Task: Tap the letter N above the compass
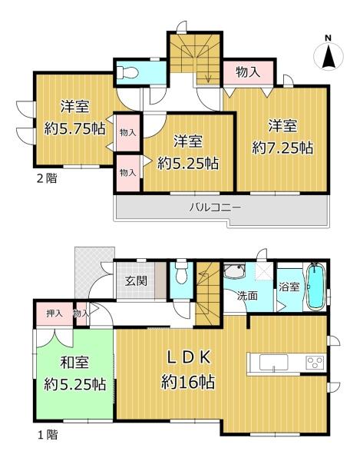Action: (328, 38)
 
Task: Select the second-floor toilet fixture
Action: (127, 72)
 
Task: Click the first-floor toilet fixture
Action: (182, 272)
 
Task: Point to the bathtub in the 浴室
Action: (316, 286)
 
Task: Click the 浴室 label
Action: (289, 287)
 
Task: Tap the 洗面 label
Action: (247, 296)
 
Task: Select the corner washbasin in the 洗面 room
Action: (235, 272)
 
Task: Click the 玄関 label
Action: (136, 281)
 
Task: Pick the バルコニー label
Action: (215, 207)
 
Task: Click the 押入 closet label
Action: (54, 313)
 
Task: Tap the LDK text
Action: (189, 357)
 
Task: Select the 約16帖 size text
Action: (187, 382)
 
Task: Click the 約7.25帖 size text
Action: (282, 148)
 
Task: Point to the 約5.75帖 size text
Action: (74, 128)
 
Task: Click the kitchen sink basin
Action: (273, 363)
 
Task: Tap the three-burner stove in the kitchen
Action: (315, 362)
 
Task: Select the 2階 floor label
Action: (47, 178)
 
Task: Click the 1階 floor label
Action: (48, 435)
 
